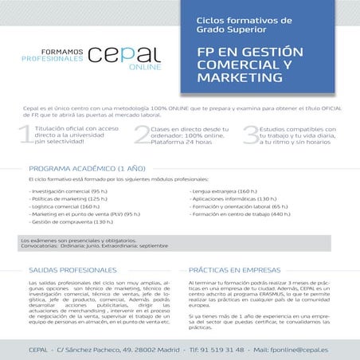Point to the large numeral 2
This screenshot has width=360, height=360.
141,135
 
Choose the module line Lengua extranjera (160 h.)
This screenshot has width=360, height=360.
224,192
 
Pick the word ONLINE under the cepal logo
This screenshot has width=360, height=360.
147,67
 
